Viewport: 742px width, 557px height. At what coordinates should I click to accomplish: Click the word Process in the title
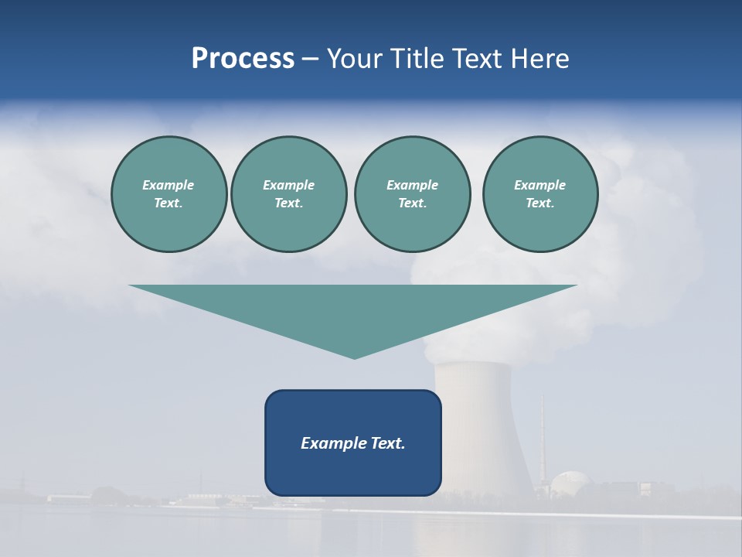point(243,58)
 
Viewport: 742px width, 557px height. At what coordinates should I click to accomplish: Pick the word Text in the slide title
point(479,58)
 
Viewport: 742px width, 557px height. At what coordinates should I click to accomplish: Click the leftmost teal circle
point(169,194)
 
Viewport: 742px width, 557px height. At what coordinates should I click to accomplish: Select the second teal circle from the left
point(289,194)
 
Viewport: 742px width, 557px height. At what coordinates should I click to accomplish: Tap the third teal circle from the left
point(412,194)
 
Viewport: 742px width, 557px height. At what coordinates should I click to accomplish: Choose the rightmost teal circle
point(540,194)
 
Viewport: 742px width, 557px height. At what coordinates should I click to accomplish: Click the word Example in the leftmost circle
point(168,185)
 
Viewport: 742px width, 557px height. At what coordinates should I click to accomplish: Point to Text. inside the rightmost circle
point(540,203)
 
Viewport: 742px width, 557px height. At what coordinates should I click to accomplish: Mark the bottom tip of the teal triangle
point(354,357)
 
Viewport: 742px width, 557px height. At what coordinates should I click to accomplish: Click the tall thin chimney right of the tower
point(542,441)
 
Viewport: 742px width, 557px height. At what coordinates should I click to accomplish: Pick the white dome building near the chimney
point(572,484)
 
